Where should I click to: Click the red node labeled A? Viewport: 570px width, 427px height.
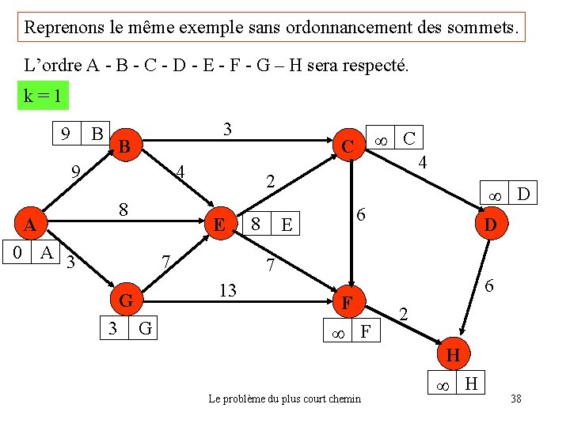[x=31, y=223]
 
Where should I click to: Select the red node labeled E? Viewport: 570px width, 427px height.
[x=221, y=223]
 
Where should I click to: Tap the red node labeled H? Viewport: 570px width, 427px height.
[x=454, y=353]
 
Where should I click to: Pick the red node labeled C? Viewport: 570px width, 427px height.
[x=349, y=145]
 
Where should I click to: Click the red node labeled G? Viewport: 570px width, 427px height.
[x=127, y=299]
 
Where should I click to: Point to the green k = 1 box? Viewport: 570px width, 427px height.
[x=43, y=95]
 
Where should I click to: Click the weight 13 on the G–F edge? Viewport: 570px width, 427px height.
[x=228, y=290]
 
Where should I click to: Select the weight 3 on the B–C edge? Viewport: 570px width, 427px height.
[x=227, y=129]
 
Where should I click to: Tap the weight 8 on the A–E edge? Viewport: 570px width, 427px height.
[x=123, y=210]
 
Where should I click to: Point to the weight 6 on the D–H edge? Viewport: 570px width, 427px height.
[x=489, y=285]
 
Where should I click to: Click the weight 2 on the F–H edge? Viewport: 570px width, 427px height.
[x=404, y=314]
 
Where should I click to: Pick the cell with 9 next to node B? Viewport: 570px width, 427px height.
[x=66, y=134]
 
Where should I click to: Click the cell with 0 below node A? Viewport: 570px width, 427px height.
[x=17, y=251]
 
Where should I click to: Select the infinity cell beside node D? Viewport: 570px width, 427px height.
[x=494, y=192]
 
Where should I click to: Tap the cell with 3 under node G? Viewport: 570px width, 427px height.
[x=114, y=328]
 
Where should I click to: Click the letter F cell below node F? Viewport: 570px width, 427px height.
[x=366, y=330]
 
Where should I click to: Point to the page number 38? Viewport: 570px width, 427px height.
[x=516, y=399]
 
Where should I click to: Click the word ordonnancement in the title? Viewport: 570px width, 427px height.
[x=349, y=28]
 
